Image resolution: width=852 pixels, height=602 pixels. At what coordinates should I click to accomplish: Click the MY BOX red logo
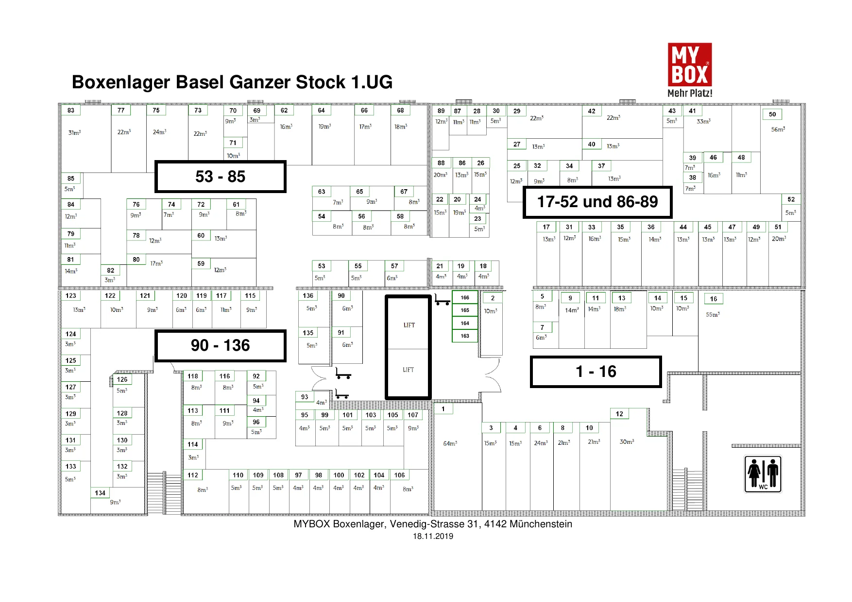(690, 65)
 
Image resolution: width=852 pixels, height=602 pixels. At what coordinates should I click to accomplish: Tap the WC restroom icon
(763, 474)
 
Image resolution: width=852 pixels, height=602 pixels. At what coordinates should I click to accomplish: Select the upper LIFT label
(409, 325)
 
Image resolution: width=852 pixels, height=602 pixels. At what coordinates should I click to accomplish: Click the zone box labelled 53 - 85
(221, 177)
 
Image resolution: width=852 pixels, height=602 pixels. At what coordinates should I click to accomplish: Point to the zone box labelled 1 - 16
(596, 372)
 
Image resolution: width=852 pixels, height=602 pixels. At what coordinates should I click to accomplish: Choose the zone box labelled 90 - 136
(221, 345)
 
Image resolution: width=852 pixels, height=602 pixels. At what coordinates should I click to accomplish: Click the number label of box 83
(71, 110)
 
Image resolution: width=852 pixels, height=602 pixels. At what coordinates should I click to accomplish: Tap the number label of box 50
(772, 114)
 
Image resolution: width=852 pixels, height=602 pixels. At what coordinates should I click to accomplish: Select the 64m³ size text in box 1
(450, 443)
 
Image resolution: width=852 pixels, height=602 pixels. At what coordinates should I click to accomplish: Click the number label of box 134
(100, 493)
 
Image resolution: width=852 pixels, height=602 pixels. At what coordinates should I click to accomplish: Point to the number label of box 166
(465, 297)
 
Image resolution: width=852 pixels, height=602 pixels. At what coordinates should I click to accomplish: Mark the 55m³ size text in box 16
(713, 314)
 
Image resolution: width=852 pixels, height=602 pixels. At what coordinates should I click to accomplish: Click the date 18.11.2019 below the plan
(433, 536)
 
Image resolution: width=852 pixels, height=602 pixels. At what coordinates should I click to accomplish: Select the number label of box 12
(619, 414)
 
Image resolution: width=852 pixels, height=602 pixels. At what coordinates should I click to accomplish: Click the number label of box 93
(305, 397)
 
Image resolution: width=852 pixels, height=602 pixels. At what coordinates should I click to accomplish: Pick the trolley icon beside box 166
(442, 300)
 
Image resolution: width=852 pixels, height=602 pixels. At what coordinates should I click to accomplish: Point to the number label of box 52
(791, 199)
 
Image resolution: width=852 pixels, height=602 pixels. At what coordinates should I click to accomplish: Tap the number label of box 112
(193, 475)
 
